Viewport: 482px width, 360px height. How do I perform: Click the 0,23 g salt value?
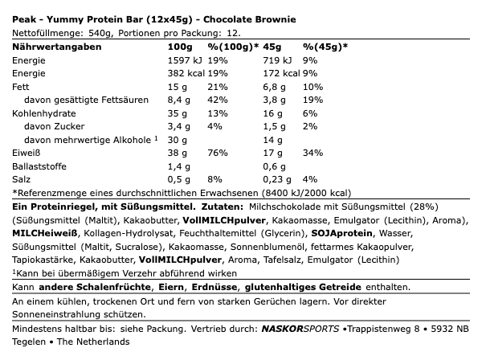point(279,178)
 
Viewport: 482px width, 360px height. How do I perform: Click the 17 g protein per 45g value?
point(272,152)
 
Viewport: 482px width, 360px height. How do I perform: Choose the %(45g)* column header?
point(325,47)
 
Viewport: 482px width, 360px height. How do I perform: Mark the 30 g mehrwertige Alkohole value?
point(176,139)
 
